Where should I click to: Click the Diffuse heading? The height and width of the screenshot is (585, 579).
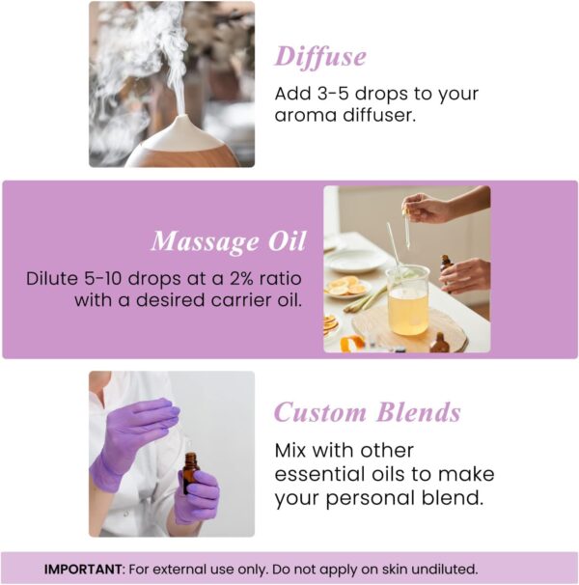coord(320,56)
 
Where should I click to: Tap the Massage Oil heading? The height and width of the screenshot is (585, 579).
coord(228,240)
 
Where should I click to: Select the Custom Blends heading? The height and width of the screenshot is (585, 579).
coord(367,412)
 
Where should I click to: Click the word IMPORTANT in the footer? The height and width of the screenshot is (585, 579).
coord(80,569)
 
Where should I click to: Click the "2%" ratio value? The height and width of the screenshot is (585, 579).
coord(238,279)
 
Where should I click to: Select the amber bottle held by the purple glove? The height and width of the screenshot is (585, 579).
coord(190,474)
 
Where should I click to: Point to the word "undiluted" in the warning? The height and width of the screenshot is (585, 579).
coord(440,569)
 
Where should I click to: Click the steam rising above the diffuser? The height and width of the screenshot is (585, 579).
coord(159,48)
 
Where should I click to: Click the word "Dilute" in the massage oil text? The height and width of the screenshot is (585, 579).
coord(52,279)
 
